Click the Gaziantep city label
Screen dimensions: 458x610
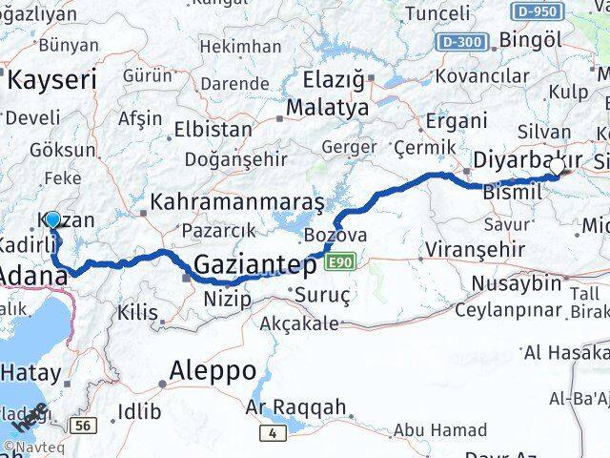[x=256, y=263]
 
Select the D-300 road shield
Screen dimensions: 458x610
[x=463, y=41]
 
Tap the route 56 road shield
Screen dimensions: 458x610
[x=86, y=425]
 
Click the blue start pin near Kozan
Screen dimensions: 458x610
[x=52, y=221]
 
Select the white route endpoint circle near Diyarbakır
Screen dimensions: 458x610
[x=558, y=167]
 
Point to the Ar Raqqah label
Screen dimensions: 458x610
[x=295, y=408]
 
